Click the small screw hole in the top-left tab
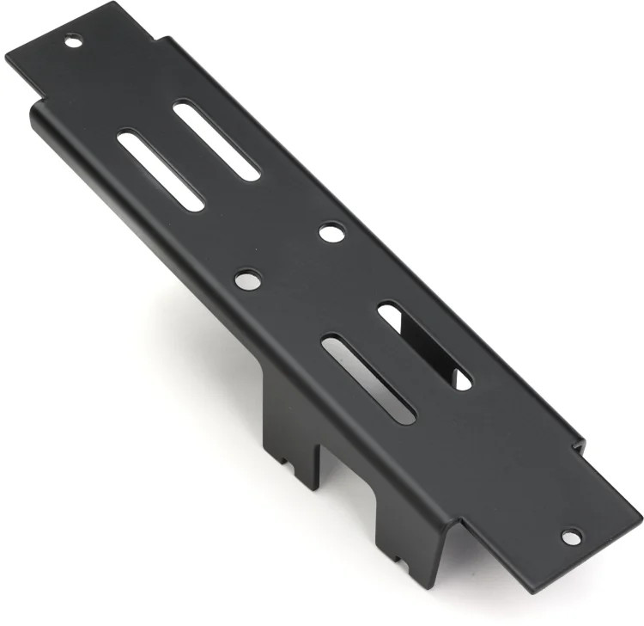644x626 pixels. click(x=73, y=40)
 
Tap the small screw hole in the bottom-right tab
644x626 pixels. click(x=568, y=537)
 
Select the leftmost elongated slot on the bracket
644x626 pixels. click(x=161, y=170)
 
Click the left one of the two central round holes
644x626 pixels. click(x=247, y=279)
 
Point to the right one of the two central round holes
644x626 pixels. click(x=331, y=231)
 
